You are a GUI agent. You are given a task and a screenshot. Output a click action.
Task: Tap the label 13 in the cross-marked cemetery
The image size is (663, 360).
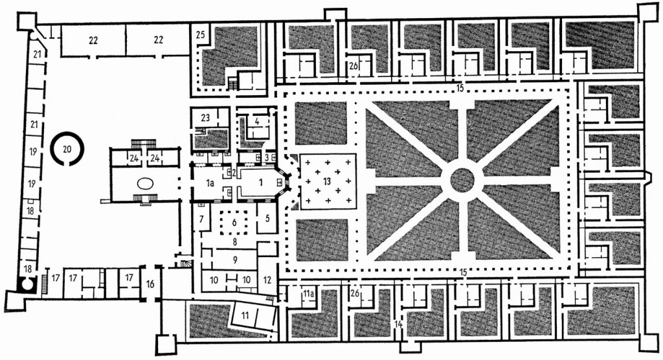pyautogui.click(x=326, y=181)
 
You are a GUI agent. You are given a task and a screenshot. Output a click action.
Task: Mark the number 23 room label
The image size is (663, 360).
pyautogui.click(x=205, y=118)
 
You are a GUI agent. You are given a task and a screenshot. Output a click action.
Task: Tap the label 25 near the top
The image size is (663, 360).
pyautogui.click(x=201, y=34)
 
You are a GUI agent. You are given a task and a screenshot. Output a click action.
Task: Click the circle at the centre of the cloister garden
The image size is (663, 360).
pyautogui.click(x=462, y=179)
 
